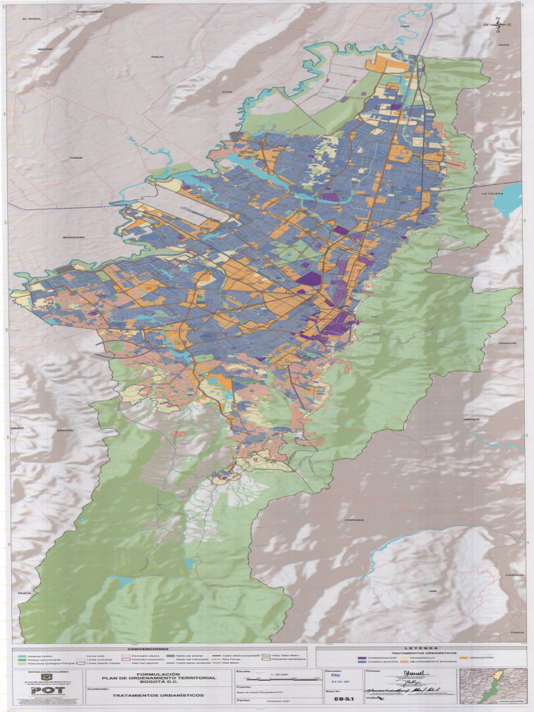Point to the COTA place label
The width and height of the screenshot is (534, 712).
227,92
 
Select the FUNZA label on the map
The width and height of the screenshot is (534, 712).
76,158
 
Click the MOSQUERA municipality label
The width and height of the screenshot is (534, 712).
74,237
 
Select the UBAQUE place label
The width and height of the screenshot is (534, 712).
472,420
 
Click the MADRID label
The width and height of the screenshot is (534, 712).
45,49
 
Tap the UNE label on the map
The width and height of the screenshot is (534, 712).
432,591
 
